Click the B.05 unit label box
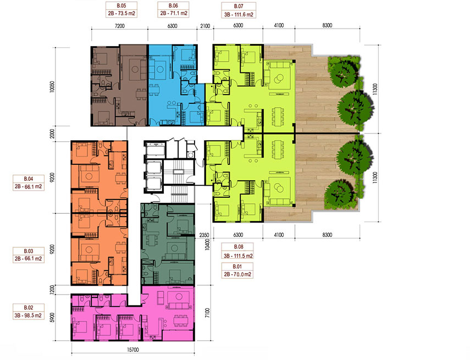click(121, 9)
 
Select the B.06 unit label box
click(173, 9)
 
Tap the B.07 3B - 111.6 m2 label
click(239, 10)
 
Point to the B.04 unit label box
click(29, 183)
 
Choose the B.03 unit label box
click(29, 255)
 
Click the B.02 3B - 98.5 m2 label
click(29, 312)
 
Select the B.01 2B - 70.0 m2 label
click(237, 270)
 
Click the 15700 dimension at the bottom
click(133, 350)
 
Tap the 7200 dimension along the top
click(119, 26)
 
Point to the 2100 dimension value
click(205, 26)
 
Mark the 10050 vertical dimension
click(52, 86)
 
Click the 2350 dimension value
click(204, 235)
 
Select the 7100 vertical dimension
click(207, 313)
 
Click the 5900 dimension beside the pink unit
click(52, 318)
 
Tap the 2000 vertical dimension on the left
click(52, 134)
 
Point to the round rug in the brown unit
click(135, 69)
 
